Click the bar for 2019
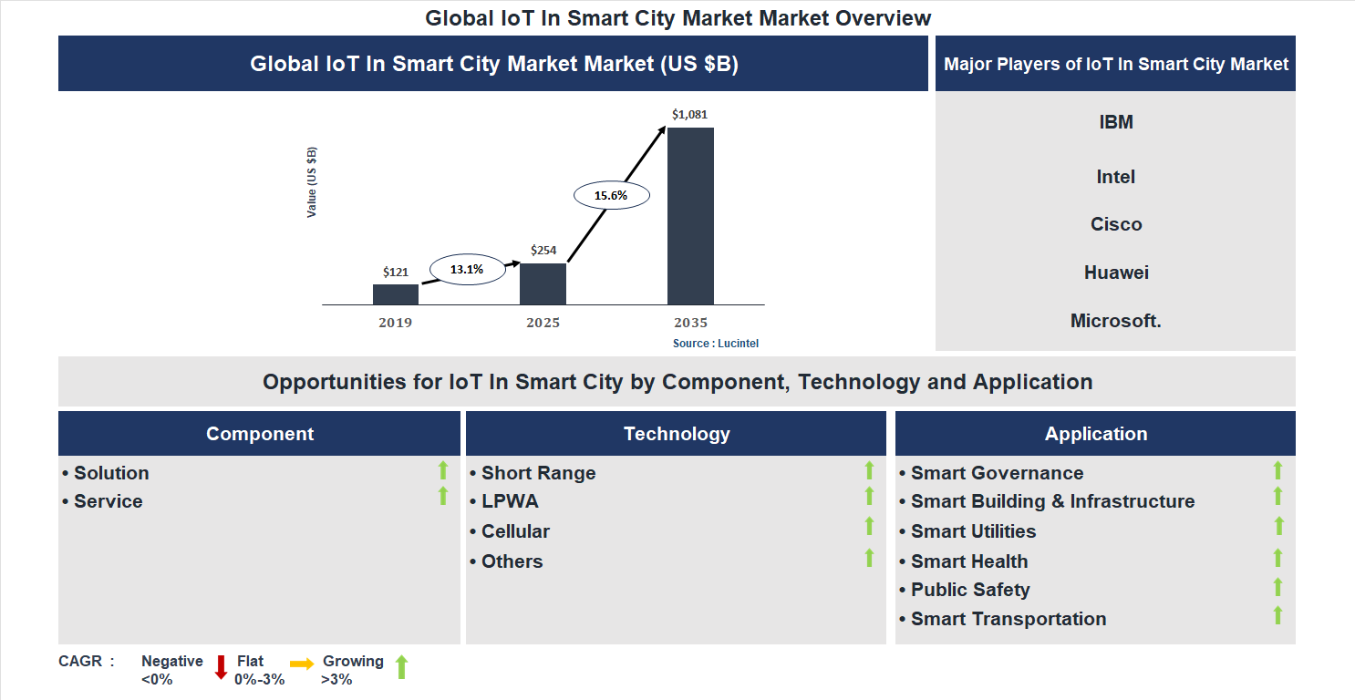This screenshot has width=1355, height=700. tap(395, 294)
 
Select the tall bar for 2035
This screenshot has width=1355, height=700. tap(690, 216)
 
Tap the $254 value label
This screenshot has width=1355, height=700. tap(543, 250)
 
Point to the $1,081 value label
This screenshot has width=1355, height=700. tap(689, 115)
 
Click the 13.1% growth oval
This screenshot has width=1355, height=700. tap(466, 269)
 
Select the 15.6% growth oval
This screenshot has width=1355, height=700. tap(611, 195)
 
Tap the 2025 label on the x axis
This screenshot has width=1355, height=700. tap(543, 323)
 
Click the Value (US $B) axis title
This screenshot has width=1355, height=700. tap(312, 181)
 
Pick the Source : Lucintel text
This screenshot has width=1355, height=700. tap(716, 344)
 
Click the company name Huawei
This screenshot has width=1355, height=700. tap(1116, 273)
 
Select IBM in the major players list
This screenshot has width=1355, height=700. tap(1116, 122)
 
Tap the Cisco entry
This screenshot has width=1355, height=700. tap(1116, 224)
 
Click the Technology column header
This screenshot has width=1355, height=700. tap(677, 434)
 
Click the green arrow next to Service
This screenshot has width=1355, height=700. tap(443, 496)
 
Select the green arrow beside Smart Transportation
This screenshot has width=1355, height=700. tap(1277, 615)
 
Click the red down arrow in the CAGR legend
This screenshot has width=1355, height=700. tap(221, 667)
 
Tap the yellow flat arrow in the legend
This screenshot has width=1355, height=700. tap(302, 664)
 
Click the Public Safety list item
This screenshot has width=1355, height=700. tap(969, 590)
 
